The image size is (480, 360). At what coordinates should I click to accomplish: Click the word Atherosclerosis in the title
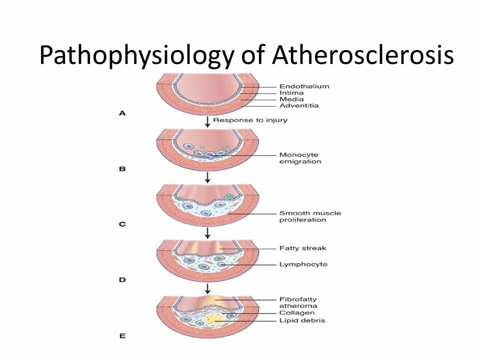pyautogui.click(x=363, y=55)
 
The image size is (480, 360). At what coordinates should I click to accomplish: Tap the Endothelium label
pyautogui.click(x=297, y=86)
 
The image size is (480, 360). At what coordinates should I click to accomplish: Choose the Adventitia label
pyautogui.click(x=299, y=105)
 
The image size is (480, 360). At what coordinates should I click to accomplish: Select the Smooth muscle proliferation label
pyautogui.click(x=310, y=216)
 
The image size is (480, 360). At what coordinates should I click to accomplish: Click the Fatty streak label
pyautogui.click(x=302, y=248)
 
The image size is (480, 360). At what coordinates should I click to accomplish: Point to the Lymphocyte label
pyautogui.click(x=303, y=264)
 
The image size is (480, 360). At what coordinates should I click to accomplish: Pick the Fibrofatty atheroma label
pyautogui.click(x=298, y=302)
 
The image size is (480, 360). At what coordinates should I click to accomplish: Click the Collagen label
pyautogui.click(x=296, y=313)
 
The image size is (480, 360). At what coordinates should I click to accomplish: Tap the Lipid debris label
pyautogui.click(x=302, y=320)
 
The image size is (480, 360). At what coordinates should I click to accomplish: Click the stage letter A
pyautogui.click(x=122, y=113)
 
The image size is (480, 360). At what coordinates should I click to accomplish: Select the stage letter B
pyautogui.click(x=122, y=169)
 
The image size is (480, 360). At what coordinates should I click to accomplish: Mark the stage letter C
pyautogui.click(x=122, y=224)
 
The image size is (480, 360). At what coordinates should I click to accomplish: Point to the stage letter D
pyautogui.click(x=122, y=280)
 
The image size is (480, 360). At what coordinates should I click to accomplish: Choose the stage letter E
pyautogui.click(x=122, y=336)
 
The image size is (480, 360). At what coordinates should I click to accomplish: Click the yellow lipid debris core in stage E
pyautogui.click(x=215, y=319)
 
